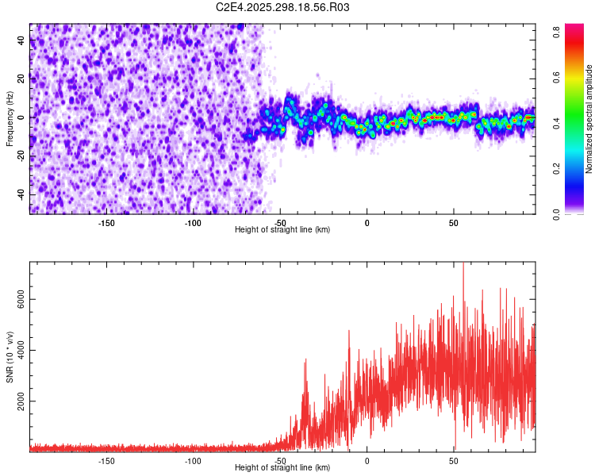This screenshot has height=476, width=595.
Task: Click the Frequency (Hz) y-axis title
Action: [x=9, y=118]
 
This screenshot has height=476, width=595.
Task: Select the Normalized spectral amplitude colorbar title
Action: [x=589, y=118]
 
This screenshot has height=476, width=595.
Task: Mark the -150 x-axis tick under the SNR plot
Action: [x=106, y=460]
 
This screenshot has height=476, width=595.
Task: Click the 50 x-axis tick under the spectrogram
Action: [x=453, y=222]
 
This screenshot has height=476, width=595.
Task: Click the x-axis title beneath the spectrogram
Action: [x=282, y=229]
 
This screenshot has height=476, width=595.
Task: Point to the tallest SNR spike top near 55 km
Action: [x=463, y=264]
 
